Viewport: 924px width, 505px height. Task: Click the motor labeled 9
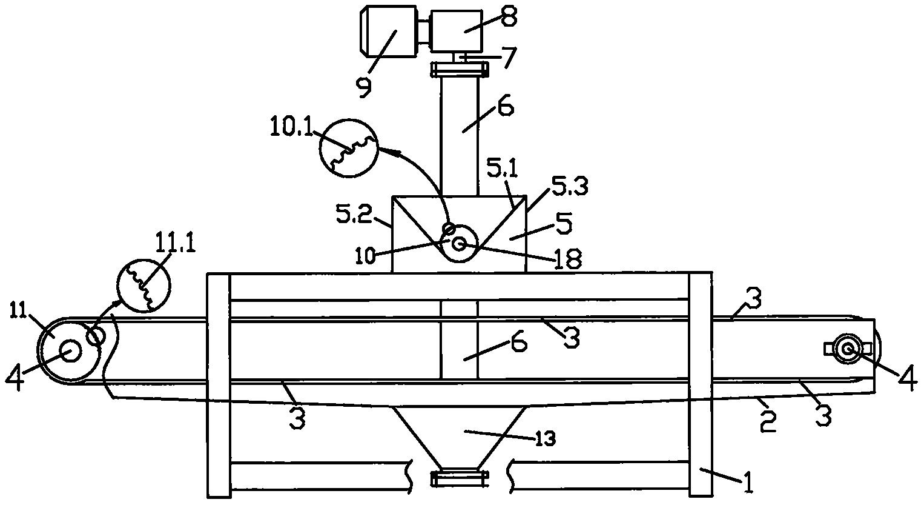(x=388, y=32)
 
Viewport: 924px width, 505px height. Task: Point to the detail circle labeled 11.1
(x=144, y=286)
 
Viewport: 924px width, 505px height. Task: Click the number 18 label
(x=568, y=259)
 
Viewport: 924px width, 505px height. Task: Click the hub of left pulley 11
(x=70, y=351)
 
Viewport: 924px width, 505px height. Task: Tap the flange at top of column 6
(x=460, y=70)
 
